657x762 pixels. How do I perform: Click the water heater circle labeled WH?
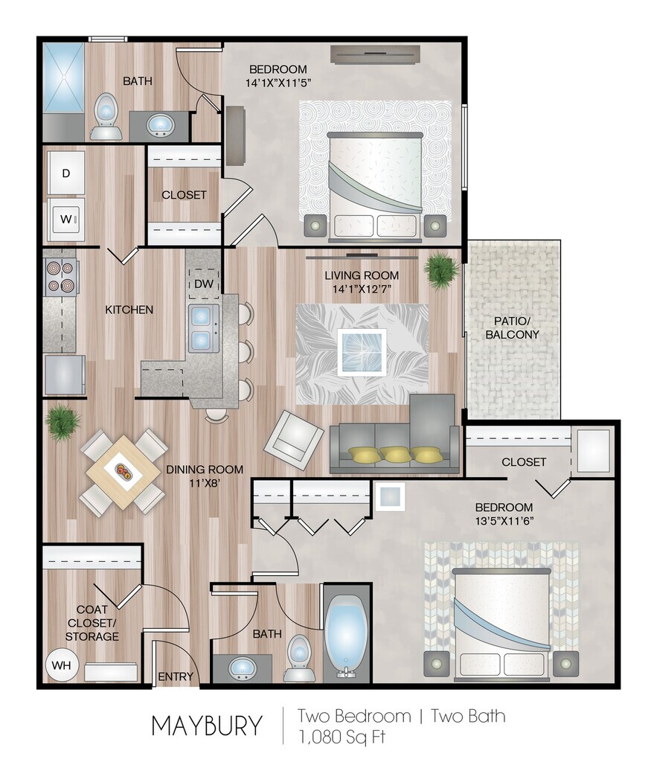(61, 665)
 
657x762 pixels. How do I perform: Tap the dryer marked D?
(66, 173)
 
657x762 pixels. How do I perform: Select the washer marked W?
(66, 220)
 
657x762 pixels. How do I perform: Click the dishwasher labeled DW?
(204, 284)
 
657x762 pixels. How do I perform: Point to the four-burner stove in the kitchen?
(61, 277)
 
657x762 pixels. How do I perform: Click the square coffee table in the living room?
(362, 352)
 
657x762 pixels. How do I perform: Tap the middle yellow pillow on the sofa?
(395, 454)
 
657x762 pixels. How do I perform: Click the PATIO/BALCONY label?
(512, 328)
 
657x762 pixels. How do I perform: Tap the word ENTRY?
(176, 676)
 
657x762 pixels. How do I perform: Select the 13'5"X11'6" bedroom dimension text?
(504, 521)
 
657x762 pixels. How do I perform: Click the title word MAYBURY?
(207, 726)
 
